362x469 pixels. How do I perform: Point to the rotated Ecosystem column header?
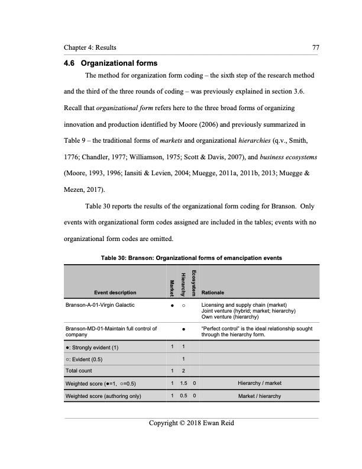coord(195,280)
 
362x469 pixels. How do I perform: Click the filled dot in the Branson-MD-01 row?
coord(184,327)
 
